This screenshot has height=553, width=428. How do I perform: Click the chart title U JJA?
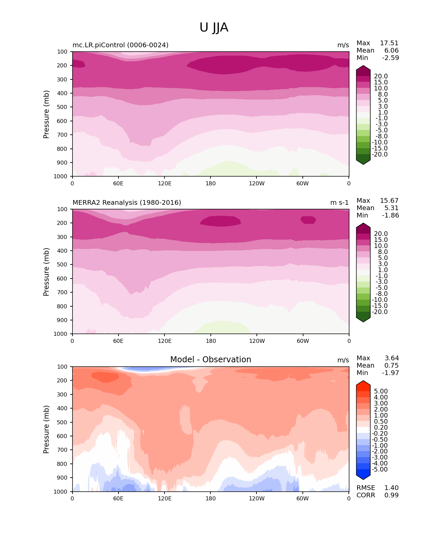click(214, 27)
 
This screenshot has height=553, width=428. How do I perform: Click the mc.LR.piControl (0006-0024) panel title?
click(121, 45)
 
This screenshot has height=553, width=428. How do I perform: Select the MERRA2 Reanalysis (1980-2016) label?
click(127, 202)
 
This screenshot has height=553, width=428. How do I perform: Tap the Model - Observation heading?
click(210, 360)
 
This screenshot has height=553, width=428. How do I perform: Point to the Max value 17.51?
click(389, 43)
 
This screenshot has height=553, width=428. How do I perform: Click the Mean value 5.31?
click(391, 208)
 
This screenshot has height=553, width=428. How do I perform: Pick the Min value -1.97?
click(390, 373)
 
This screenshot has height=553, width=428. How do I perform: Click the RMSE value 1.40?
click(391, 488)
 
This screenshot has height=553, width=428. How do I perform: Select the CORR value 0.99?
click(391, 495)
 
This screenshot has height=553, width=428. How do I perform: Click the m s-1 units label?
click(339, 202)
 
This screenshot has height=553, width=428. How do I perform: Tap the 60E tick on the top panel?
click(118, 183)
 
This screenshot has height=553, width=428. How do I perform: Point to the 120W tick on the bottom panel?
click(256, 498)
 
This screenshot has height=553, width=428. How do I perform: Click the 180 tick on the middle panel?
click(210, 341)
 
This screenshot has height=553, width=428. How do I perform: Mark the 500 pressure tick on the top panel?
click(62, 107)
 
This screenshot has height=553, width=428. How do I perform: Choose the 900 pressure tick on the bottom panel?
click(62, 478)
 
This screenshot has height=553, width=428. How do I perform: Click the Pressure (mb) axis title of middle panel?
click(46, 271)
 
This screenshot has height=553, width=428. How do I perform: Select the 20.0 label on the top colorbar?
click(381, 76)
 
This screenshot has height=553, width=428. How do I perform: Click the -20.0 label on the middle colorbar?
click(380, 312)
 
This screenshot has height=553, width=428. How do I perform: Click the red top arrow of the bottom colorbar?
click(363, 385)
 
